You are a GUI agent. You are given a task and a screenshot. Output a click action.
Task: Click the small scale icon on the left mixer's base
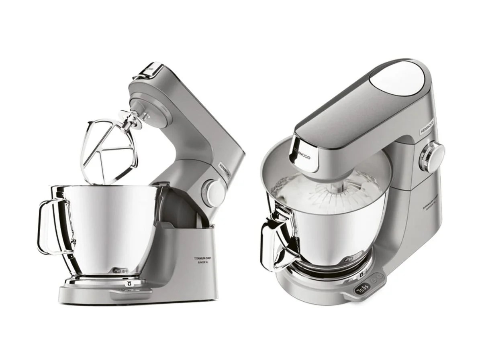tap(129, 283)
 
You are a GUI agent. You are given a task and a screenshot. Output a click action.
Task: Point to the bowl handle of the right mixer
tap(273, 241)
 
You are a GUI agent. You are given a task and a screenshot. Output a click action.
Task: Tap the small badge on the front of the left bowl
tap(118, 270)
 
